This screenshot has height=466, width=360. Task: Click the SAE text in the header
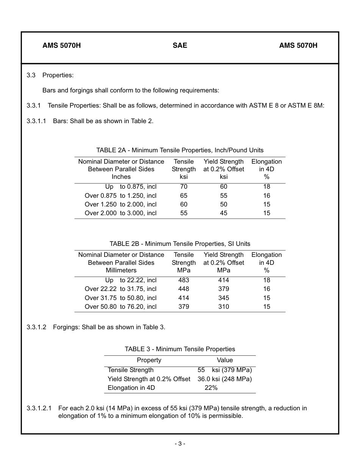[180, 45]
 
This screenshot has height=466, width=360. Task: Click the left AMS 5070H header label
[61, 45]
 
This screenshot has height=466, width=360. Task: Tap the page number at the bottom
[180, 444]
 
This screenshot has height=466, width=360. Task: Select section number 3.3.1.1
[36, 121]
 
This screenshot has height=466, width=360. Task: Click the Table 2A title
[180, 150]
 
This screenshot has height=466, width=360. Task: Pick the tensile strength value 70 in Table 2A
[183, 186]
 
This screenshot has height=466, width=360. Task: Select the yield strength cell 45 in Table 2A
[224, 213]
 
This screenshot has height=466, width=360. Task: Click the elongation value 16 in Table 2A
[266, 195]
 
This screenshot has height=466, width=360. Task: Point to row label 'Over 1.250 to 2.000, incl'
[121, 204]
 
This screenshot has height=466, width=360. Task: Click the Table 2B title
[180, 244]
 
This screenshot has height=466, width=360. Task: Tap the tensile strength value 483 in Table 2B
[183, 280]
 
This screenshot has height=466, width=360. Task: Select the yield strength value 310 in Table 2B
[224, 306]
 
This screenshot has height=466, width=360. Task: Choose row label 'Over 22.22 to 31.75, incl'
[121, 289]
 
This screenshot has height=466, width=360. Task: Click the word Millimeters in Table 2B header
[121, 270]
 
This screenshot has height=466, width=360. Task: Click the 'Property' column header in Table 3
[149, 360]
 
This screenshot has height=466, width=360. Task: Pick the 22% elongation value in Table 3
[211, 388]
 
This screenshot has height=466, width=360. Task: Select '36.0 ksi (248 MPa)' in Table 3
[224, 379]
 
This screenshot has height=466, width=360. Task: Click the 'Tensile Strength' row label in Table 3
[131, 370]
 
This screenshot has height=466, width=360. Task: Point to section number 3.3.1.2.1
[39, 408]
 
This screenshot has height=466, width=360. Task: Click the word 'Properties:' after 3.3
[58, 75]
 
